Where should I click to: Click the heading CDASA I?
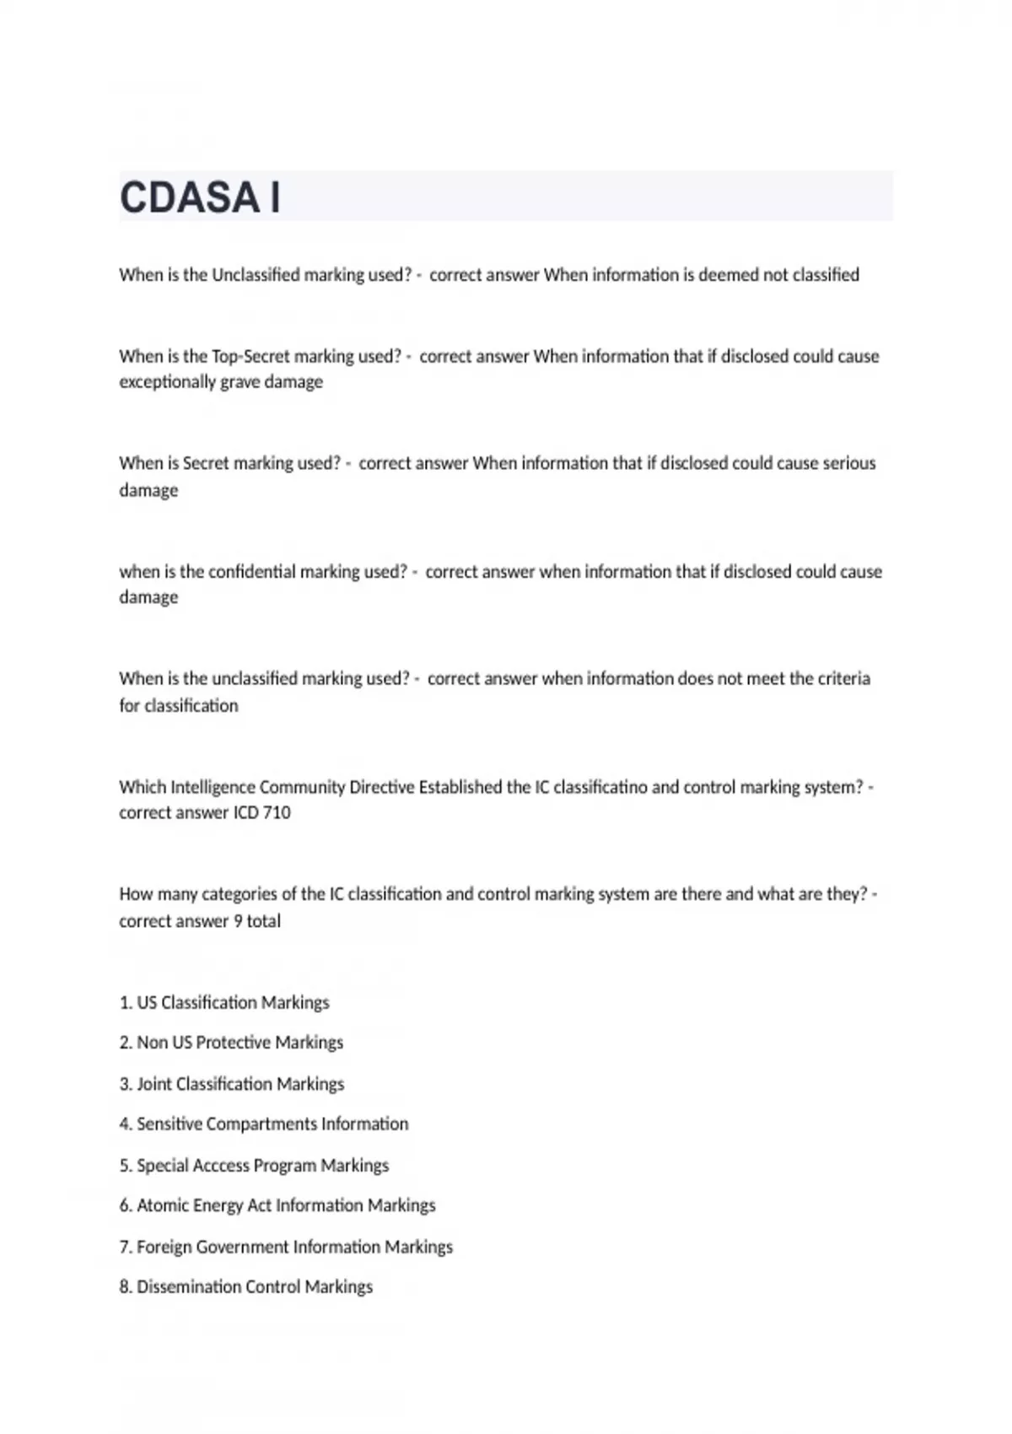click(200, 197)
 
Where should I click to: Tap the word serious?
click(847, 463)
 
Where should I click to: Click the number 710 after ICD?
click(277, 813)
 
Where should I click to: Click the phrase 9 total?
click(257, 921)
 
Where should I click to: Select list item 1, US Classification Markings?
click(224, 1003)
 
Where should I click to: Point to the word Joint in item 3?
click(154, 1084)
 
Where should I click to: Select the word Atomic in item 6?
click(162, 1206)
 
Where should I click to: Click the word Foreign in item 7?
click(164, 1247)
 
